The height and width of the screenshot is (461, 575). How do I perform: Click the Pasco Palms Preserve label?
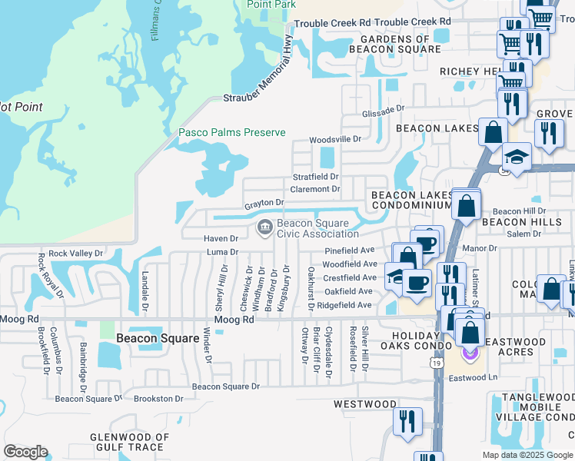pyautogui.click(x=232, y=132)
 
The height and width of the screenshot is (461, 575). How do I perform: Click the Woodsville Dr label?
pyautogui.click(x=335, y=140)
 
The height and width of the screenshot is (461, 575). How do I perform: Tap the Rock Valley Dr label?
pyautogui.click(x=75, y=253)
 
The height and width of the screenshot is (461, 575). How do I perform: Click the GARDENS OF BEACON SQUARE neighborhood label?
pyautogui.click(x=395, y=44)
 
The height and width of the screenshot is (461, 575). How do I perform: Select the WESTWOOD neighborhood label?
pyautogui.click(x=365, y=404)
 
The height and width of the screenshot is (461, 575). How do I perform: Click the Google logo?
pyautogui.click(x=25, y=452)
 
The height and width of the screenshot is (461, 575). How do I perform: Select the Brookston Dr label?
pyautogui.click(x=158, y=399)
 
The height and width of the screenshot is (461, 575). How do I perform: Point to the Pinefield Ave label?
pyautogui.click(x=349, y=250)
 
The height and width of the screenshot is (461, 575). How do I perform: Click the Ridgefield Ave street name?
pyautogui.click(x=344, y=305)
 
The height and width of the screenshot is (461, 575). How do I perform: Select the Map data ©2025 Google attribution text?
pyautogui.click(x=528, y=454)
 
